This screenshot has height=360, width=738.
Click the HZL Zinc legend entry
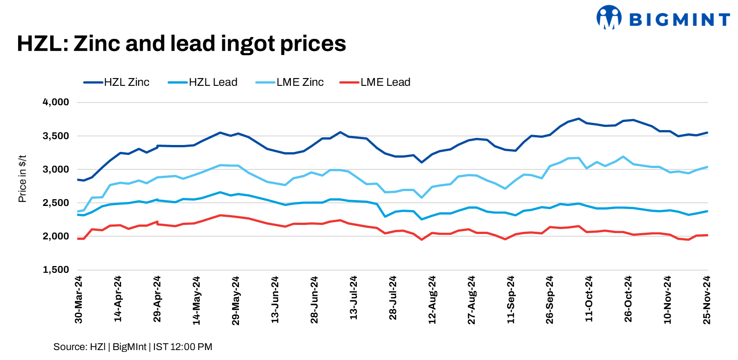click(117, 82)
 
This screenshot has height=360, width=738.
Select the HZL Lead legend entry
click(203, 82)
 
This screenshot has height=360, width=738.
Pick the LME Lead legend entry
click(375, 82)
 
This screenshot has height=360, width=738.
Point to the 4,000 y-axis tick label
click(56, 102)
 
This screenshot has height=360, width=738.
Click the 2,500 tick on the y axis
click(56, 203)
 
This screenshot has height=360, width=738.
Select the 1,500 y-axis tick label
click(56, 270)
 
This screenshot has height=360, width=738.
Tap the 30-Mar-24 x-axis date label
click(79, 300)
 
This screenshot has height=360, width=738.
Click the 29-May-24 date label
click(236, 300)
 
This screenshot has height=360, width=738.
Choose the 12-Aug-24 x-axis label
click(432, 300)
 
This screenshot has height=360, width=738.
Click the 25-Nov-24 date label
click(707, 300)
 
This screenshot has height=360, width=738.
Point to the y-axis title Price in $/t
click(22, 179)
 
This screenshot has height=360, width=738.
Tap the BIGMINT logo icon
click(608, 18)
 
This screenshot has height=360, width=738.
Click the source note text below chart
click(133, 347)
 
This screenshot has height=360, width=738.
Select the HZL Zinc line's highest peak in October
click(579, 119)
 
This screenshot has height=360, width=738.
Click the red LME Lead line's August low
click(422, 239)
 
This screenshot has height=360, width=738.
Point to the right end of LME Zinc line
click(707, 167)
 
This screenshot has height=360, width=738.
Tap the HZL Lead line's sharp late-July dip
click(385, 216)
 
